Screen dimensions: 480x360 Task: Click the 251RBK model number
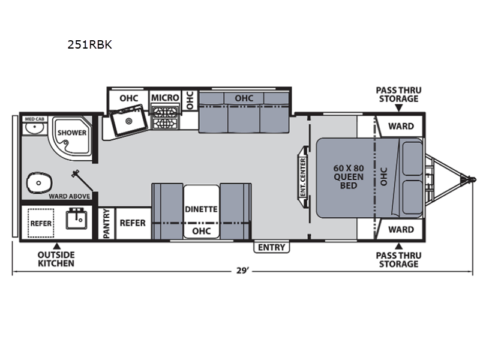click(89, 44)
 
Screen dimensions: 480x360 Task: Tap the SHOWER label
click(72, 133)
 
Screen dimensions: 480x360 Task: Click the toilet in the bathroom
click(39, 183)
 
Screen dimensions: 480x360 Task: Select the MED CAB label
click(35, 119)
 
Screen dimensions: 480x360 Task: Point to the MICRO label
click(165, 98)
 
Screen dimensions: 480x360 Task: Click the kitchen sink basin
click(128, 121)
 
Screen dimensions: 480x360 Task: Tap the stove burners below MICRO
click(166, 118)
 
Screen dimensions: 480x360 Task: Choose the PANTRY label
click(106, 223)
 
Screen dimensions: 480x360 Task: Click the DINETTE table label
click(201, 209)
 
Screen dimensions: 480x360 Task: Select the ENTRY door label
click(272, 247)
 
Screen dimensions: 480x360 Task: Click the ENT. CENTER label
click(303, 177)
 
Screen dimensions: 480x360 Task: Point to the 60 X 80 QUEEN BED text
click(349, 176)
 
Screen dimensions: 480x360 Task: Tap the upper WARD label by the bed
click(401, 126)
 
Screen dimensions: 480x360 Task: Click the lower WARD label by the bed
click(401, 230)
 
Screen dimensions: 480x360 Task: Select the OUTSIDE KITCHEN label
click(56, 259)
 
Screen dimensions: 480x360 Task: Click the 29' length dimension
click(243, 271)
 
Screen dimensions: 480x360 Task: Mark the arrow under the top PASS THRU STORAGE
click(398, 108)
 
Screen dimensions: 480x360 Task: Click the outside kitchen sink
click(77, 218)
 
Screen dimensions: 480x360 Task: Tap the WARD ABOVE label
click(70, 196)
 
